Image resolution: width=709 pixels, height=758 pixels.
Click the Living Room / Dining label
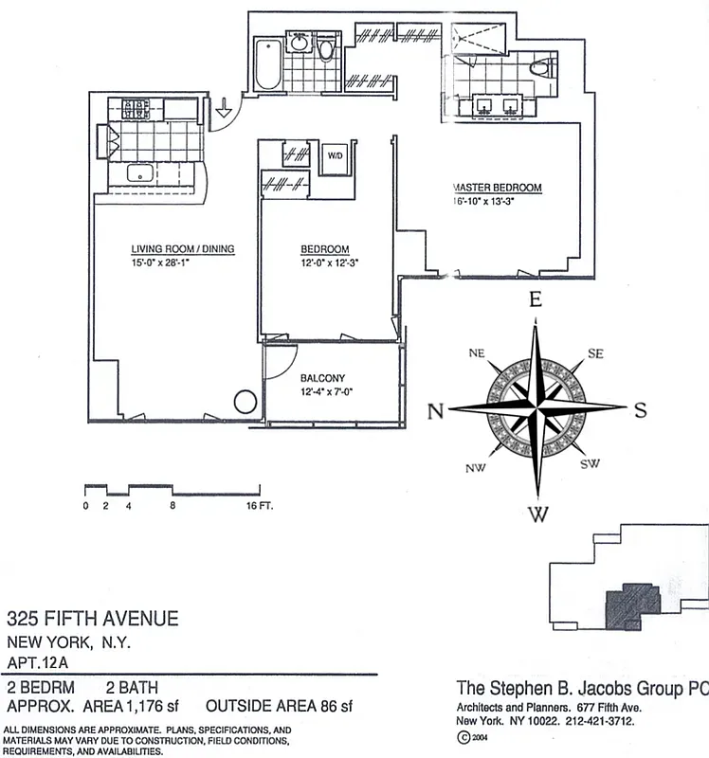point(182,249)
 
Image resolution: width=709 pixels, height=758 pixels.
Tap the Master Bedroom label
point(498,188)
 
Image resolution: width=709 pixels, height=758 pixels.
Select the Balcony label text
point(322,377)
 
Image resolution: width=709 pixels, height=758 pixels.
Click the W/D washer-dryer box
point(335,156)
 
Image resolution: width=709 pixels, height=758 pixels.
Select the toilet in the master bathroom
point(544,68)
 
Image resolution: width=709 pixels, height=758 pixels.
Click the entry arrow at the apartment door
point(224,110)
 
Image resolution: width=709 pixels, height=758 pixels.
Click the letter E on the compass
point(536,300)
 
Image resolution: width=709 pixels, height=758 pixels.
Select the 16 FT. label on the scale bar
point(259,506)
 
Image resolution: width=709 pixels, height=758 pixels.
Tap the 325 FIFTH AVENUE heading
point(93,620)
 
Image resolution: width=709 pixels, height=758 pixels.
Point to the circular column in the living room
point(245,403)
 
